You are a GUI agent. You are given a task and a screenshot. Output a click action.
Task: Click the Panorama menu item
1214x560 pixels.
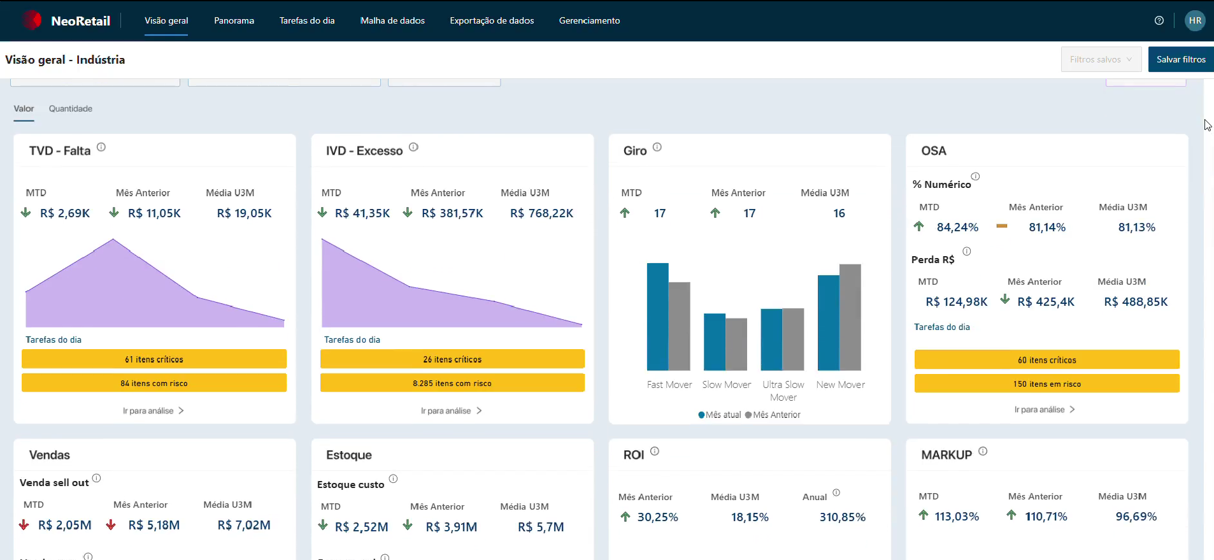click(x=234, y=20)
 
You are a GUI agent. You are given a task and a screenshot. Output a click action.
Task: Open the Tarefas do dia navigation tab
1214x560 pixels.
click(x=307, y=20)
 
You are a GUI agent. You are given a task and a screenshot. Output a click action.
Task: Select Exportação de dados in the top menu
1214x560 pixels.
click(x=492, y=20)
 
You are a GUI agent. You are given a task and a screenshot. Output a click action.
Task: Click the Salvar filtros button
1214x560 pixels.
click(x=1181, y=59)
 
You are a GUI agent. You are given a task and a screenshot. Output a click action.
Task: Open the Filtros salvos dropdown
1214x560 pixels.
click(x=1101, y=59)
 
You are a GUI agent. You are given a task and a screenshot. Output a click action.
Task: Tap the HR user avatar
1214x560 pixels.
click(x=1195, y=20)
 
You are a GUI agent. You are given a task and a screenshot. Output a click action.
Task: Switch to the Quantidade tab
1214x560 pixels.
click(x=71, y=108)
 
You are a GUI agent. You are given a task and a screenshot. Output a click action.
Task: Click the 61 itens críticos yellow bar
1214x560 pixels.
click(x=154, y=359)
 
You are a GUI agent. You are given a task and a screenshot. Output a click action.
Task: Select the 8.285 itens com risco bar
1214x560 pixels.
click(x=452, y=383)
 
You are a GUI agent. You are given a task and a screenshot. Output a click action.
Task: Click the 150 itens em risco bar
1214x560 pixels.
click(x=1047, y=384)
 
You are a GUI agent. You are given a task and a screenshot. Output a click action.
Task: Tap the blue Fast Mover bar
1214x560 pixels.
click(x=658, y=317)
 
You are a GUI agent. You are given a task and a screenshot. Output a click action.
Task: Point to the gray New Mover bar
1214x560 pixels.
click(x=850, y=317)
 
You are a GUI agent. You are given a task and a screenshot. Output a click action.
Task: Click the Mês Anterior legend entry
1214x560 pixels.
click(x=773, y=415)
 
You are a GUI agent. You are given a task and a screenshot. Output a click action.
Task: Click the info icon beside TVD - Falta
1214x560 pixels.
click(x=101, y=147)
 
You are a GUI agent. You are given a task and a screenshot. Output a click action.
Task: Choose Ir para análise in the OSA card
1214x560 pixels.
click(x=1045, y=410)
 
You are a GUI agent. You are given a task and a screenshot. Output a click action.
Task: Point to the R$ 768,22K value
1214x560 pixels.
click(x=541, y=213)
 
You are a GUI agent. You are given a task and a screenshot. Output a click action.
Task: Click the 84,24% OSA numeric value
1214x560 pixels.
click(x=957, y=227)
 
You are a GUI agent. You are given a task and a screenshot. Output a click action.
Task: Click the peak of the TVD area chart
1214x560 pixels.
click(x=113, y=239)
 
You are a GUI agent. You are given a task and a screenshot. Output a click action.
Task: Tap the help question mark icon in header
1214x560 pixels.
click(x=1159, y=20)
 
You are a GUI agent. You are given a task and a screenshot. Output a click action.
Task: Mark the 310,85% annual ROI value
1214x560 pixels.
click(x=843, y=517)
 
